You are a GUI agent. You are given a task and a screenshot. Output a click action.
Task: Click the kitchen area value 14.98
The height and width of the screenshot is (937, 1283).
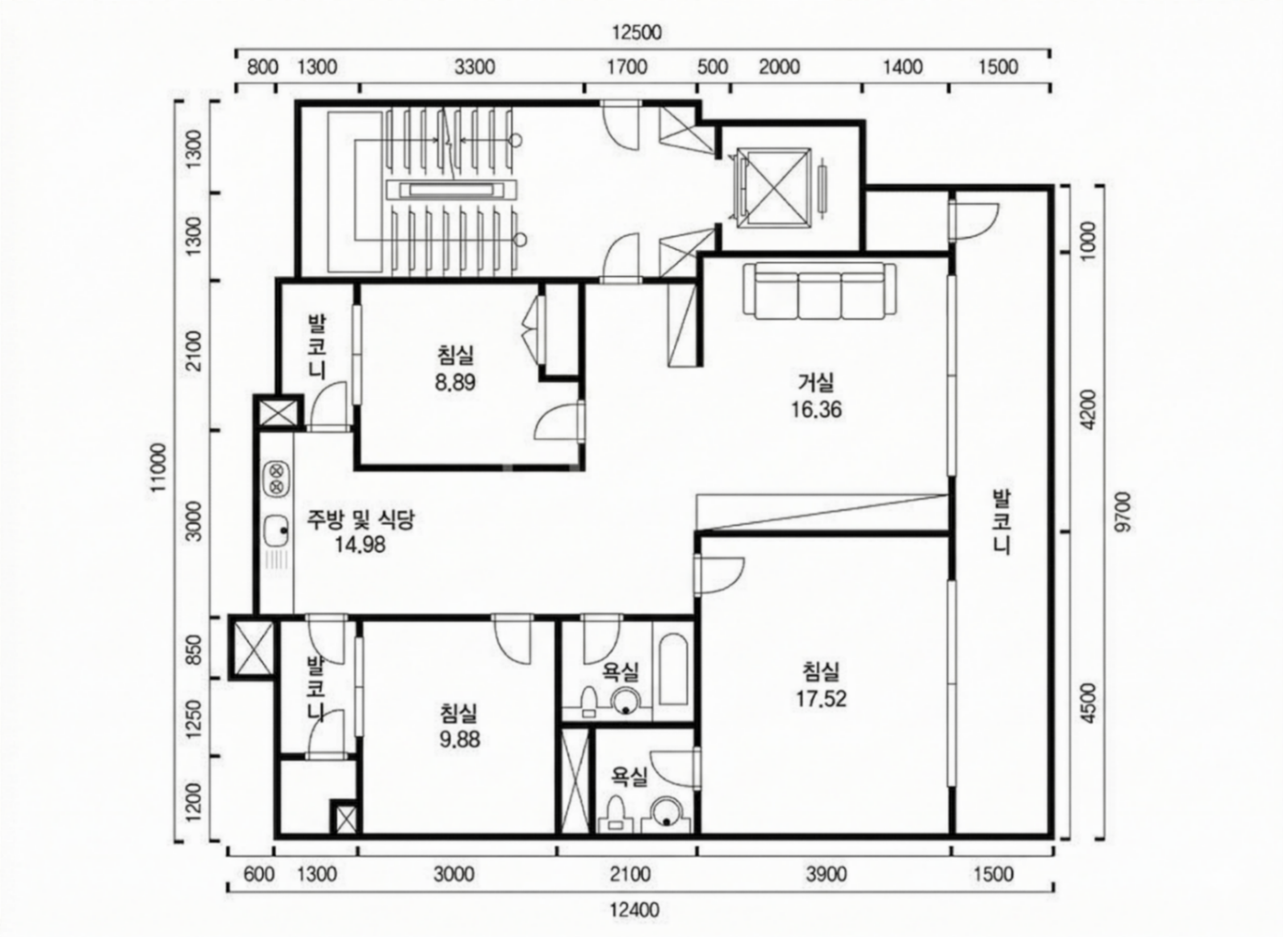[360, 545]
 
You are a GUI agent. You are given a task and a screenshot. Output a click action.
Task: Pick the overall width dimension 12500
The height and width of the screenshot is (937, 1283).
[636, 33]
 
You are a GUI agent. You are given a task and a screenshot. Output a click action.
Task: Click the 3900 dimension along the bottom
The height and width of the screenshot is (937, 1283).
[826, 874]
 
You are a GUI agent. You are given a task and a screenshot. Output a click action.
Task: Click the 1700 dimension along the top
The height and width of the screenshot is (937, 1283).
[627, 67]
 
